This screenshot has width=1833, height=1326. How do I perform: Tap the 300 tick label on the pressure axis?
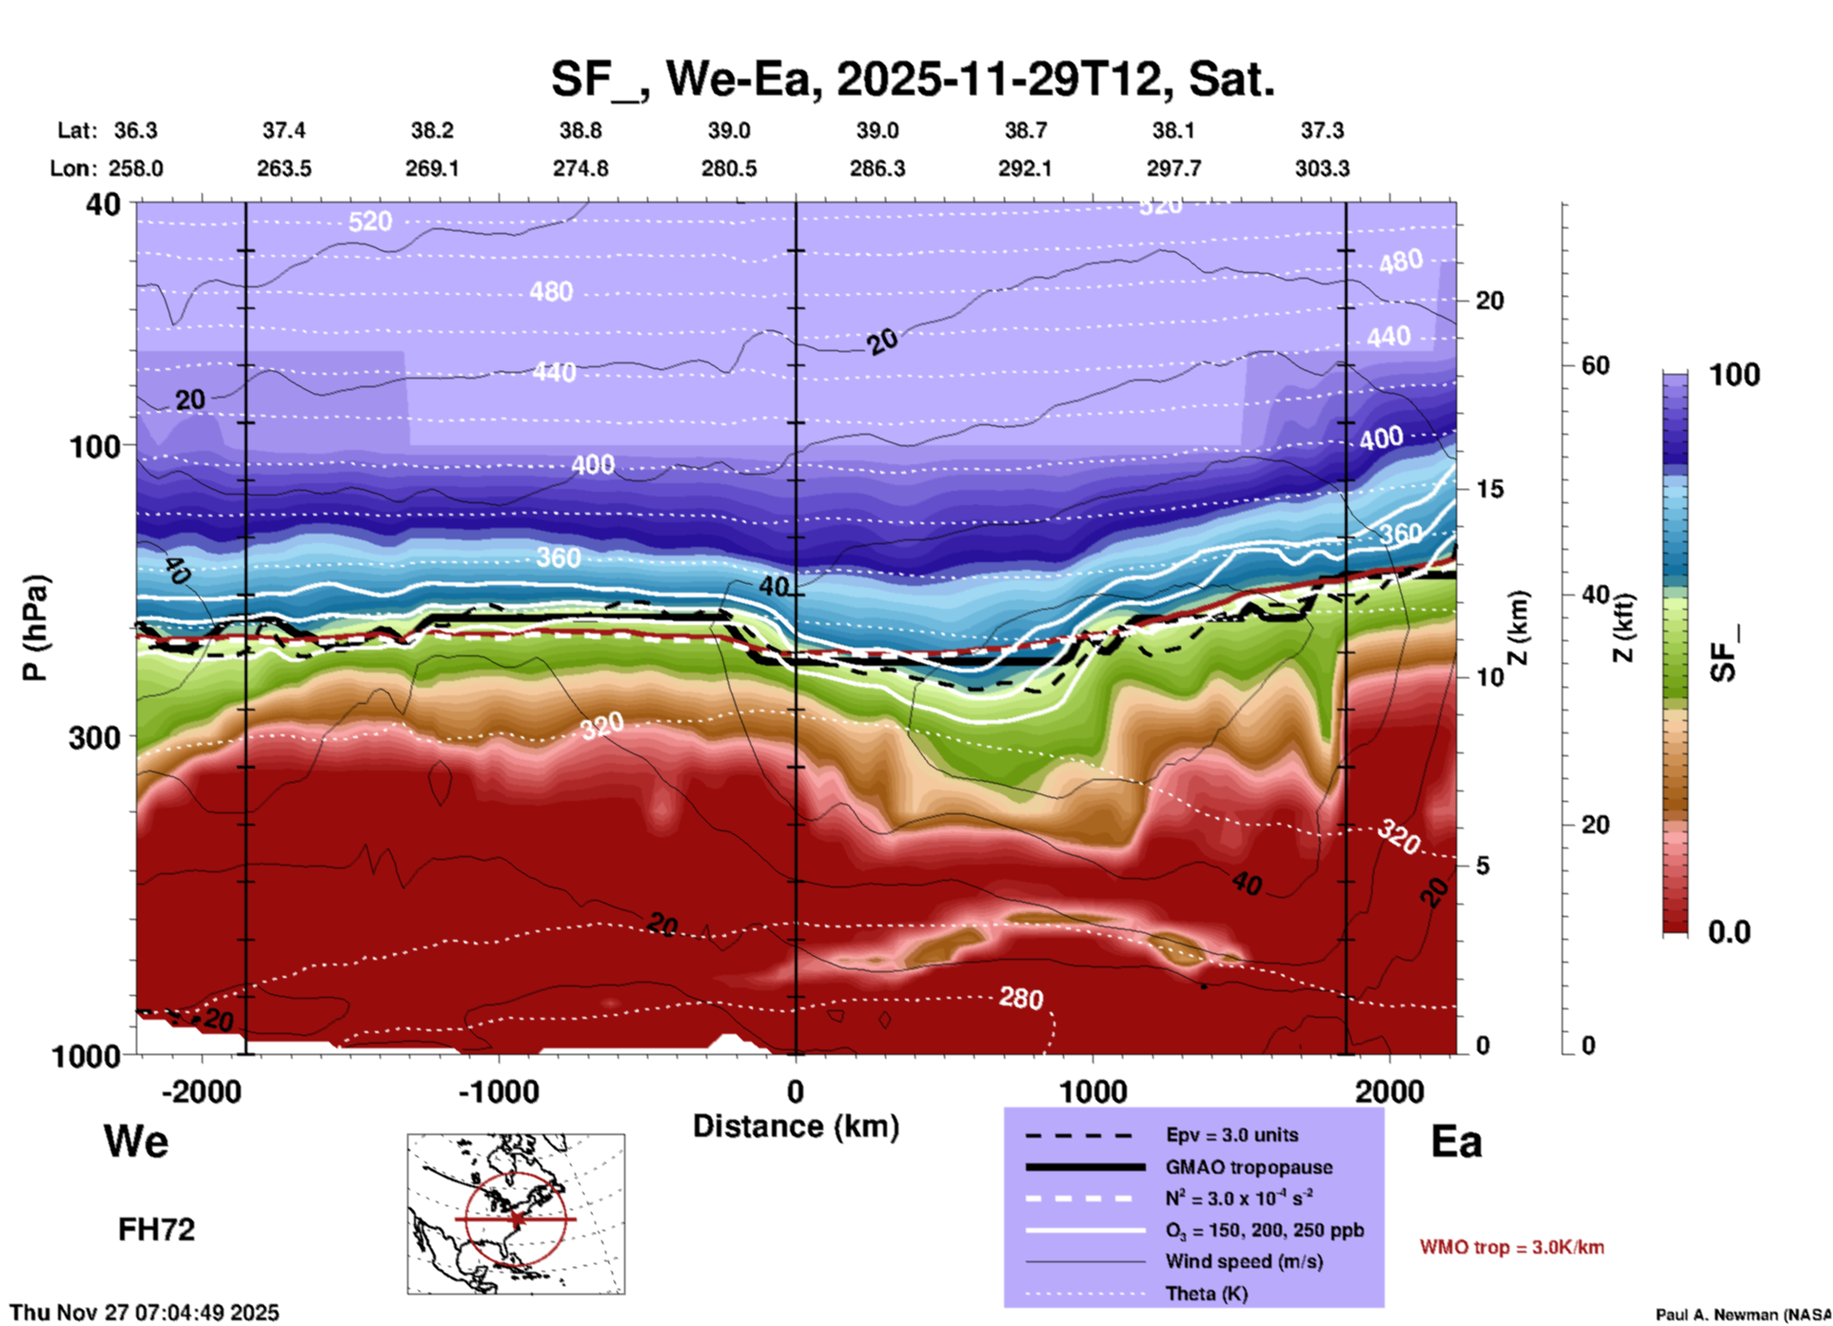pos(94,737)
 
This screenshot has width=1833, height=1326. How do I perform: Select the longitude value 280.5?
pos(729,168)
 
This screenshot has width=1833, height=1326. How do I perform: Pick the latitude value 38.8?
pos(580,130)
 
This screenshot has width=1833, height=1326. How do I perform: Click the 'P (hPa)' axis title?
pos(35,628)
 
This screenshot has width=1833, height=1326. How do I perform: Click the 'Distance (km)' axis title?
pos(796,1126)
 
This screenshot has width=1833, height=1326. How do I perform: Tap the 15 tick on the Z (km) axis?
pos(1489,489)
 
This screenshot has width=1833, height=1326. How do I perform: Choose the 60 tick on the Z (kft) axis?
pos(1596,365)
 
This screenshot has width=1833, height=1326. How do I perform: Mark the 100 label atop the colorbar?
pos(1734,375)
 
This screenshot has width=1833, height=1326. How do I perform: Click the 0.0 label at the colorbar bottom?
pos(1729,932)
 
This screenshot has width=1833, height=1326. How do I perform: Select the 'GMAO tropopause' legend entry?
pos(1249,1167)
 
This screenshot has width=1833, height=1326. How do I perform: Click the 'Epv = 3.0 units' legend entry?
pos(1232,1135)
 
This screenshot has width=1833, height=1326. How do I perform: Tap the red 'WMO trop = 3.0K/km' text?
pos(1511,1247)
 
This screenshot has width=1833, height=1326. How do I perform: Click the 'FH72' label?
pos(156,1230)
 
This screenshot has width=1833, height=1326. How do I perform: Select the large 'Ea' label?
pos(1456,1142)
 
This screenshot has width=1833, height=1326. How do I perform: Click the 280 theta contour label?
pos(1021,998)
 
